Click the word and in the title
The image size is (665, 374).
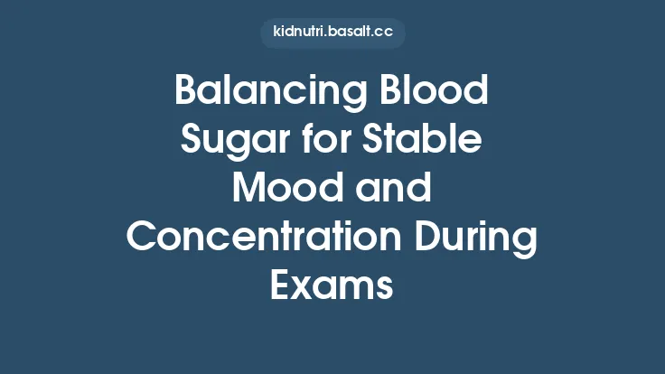point(390,189)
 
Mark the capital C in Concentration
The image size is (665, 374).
point(143,237)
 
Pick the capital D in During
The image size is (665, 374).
point(423,237)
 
